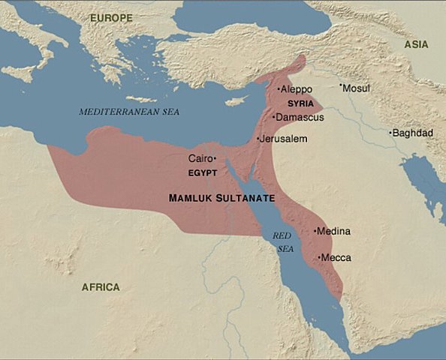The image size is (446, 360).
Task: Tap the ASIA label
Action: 417,44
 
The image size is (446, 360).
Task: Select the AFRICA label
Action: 101,286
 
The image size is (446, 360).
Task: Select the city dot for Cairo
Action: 215,158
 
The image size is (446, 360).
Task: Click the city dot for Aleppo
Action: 279,89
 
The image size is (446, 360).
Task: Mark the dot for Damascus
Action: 274,117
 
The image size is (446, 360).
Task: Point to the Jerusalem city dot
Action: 258,139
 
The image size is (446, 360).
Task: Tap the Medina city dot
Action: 315,231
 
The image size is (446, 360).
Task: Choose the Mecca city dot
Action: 320,257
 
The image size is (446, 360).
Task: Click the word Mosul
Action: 357,88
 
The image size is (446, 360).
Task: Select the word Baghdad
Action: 412,133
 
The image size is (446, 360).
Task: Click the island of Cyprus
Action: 238,100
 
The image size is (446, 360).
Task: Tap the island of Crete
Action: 141,99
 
